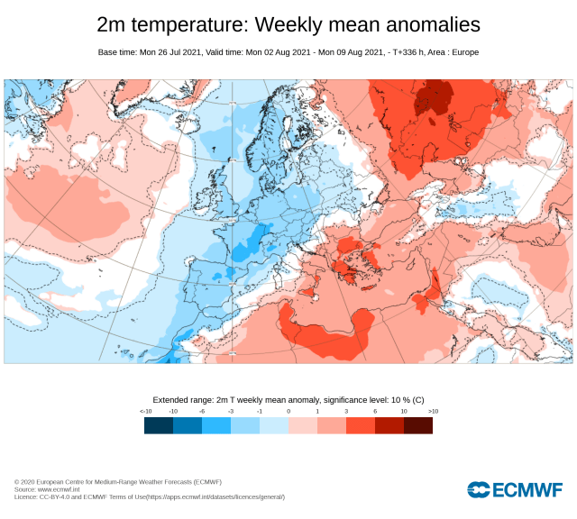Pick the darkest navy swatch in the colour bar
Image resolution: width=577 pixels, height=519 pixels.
[159, 425]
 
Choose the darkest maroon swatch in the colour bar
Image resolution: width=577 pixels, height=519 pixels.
[418, 425]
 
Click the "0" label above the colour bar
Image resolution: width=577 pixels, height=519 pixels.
[288, 411]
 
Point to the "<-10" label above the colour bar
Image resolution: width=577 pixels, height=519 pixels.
[146, 411]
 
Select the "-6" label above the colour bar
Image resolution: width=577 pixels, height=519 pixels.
[202, 411]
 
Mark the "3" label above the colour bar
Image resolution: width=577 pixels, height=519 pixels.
[346, 411]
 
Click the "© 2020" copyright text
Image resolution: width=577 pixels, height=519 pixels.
[25, 482]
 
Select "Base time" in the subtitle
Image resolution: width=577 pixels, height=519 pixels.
[117, 52]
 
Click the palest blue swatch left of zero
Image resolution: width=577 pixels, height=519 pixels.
[274, 425]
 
